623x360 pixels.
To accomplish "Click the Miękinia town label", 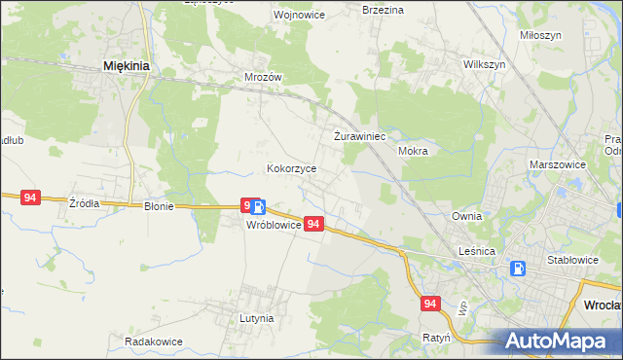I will (126, 66).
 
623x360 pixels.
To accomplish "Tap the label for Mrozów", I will (263, 76).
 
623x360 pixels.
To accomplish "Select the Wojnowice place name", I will (272, 16).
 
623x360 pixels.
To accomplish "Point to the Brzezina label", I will (383, 10).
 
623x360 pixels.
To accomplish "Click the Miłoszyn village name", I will (541, 35).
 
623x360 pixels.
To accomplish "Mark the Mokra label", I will (414, 152).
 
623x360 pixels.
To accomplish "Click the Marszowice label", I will (558, 165).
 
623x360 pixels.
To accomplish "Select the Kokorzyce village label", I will (292, 168).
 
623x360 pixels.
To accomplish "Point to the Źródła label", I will (85, 203).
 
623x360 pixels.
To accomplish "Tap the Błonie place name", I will (159, 206).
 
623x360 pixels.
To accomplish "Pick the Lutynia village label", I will (257, 318).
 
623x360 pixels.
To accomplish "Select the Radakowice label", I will (154, 342).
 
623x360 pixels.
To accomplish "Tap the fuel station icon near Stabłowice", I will (519, 269).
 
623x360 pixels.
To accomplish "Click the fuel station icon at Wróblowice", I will (257, 207).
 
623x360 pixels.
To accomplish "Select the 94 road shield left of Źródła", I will (30, 198).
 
